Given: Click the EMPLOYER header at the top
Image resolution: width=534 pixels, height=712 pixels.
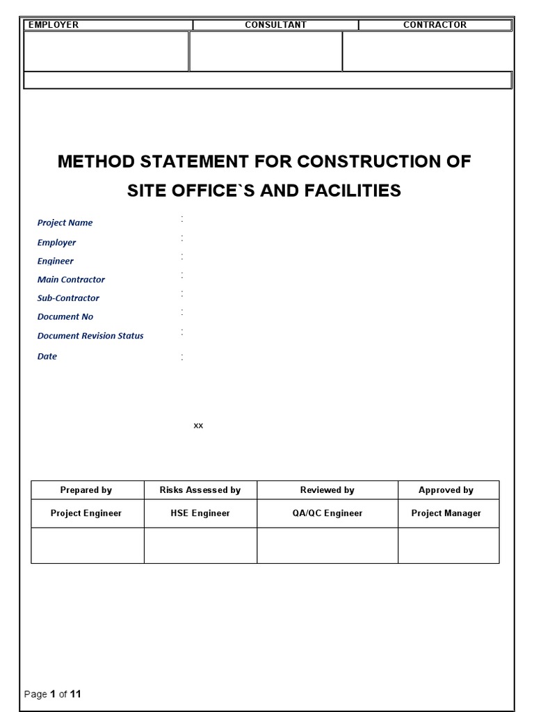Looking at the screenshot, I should [54, 25].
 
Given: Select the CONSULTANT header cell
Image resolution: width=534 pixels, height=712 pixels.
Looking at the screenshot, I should [275, 25].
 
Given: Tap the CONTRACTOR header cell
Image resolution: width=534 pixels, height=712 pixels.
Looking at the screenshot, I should [435, 25].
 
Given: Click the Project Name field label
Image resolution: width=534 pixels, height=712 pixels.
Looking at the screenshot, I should [65, 223].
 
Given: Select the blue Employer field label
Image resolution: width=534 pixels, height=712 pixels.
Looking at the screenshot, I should [56, 243].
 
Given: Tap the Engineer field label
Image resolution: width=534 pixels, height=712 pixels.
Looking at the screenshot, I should [55, 261].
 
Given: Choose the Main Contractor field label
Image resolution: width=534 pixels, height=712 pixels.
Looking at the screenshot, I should [71, 280].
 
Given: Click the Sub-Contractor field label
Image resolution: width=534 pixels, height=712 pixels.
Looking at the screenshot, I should [68, 298].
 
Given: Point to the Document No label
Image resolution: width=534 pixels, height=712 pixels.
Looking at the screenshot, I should [65, 316].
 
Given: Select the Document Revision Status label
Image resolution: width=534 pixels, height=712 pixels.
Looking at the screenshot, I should [90, 336].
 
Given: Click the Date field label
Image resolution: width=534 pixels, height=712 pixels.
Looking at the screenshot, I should [47, 357].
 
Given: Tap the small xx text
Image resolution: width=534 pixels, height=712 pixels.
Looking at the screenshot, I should [198, 426].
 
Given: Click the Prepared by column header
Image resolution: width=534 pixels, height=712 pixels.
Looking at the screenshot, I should [86, 490].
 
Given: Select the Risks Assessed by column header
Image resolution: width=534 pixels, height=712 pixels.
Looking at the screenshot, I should [200, 490].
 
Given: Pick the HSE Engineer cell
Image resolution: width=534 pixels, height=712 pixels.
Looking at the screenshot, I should [200, 513].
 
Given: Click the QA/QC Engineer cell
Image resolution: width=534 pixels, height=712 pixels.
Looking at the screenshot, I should [327, 513].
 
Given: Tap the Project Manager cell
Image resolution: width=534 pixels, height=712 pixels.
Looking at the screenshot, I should [446, 513].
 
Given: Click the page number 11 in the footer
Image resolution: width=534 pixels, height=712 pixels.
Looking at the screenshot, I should [76, 694].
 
